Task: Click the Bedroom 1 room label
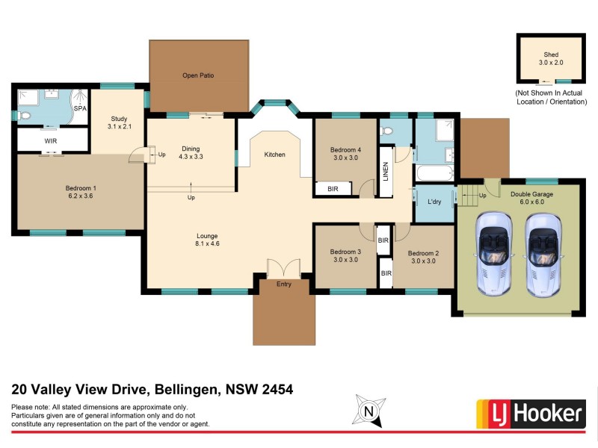coord(79,191)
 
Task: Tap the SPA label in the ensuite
coord(79,109)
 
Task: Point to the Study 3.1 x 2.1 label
coord(120,122)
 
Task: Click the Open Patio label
coord(198,75)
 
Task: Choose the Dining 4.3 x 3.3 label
coord(191,152)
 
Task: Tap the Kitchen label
coord(274,155)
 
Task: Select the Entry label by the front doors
coord(283,284)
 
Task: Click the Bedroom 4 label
coord(345,154)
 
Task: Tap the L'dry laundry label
coord(433,203)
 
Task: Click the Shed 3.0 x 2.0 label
coord(551,58)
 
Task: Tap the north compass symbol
coord(367,410)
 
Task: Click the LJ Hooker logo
coord(530,413)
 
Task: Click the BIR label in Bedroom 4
coord(333,189)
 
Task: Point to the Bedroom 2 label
coord(422,257)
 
